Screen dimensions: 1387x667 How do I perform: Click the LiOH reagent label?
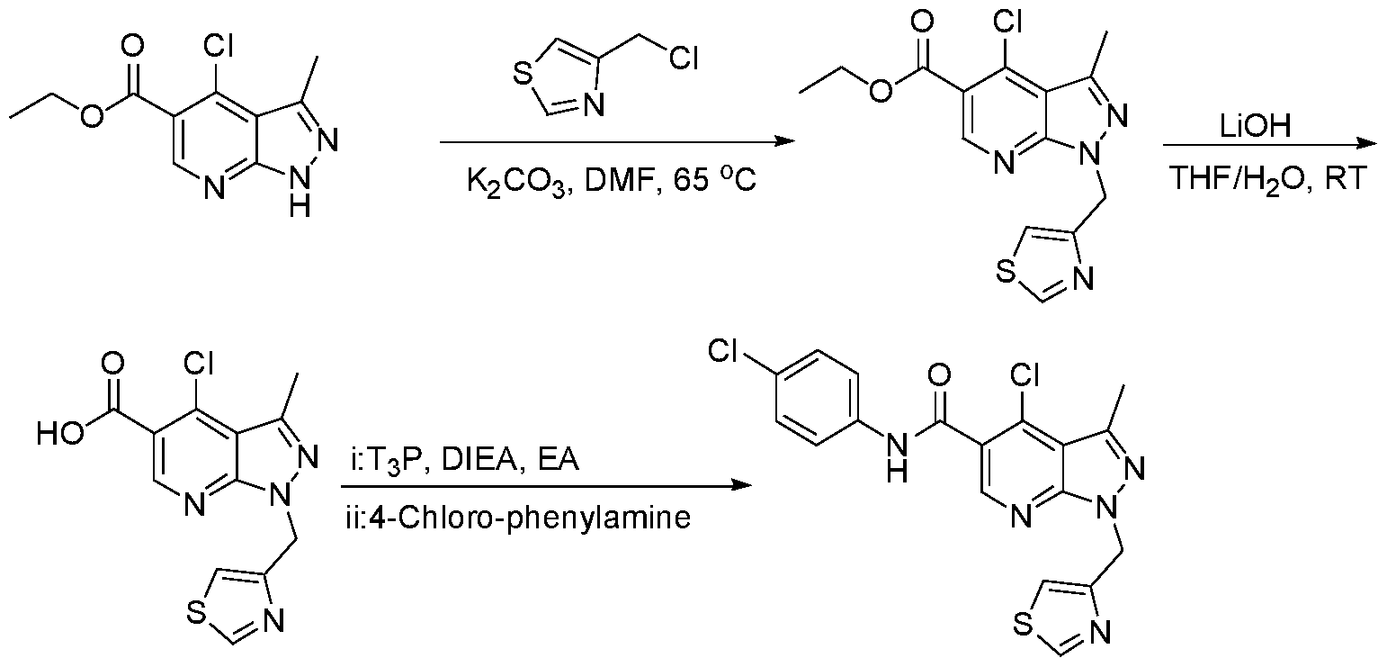coord(1256,126)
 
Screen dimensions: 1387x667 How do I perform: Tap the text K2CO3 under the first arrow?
coord(517,184)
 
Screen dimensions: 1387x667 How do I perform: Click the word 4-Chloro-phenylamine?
coord(530,518)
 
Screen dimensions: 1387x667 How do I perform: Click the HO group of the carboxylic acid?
coord(60,433)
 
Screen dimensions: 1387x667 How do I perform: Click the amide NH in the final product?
coord(897,457)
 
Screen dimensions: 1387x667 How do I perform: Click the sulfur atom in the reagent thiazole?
coord(523,77)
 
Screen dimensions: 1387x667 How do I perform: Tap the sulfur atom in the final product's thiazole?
coord(1025,624)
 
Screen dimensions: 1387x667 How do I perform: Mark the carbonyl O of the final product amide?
coord(940,374)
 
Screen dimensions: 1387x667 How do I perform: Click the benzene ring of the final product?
coord(818,398)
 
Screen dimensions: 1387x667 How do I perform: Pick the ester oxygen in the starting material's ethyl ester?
coord(91,116)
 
